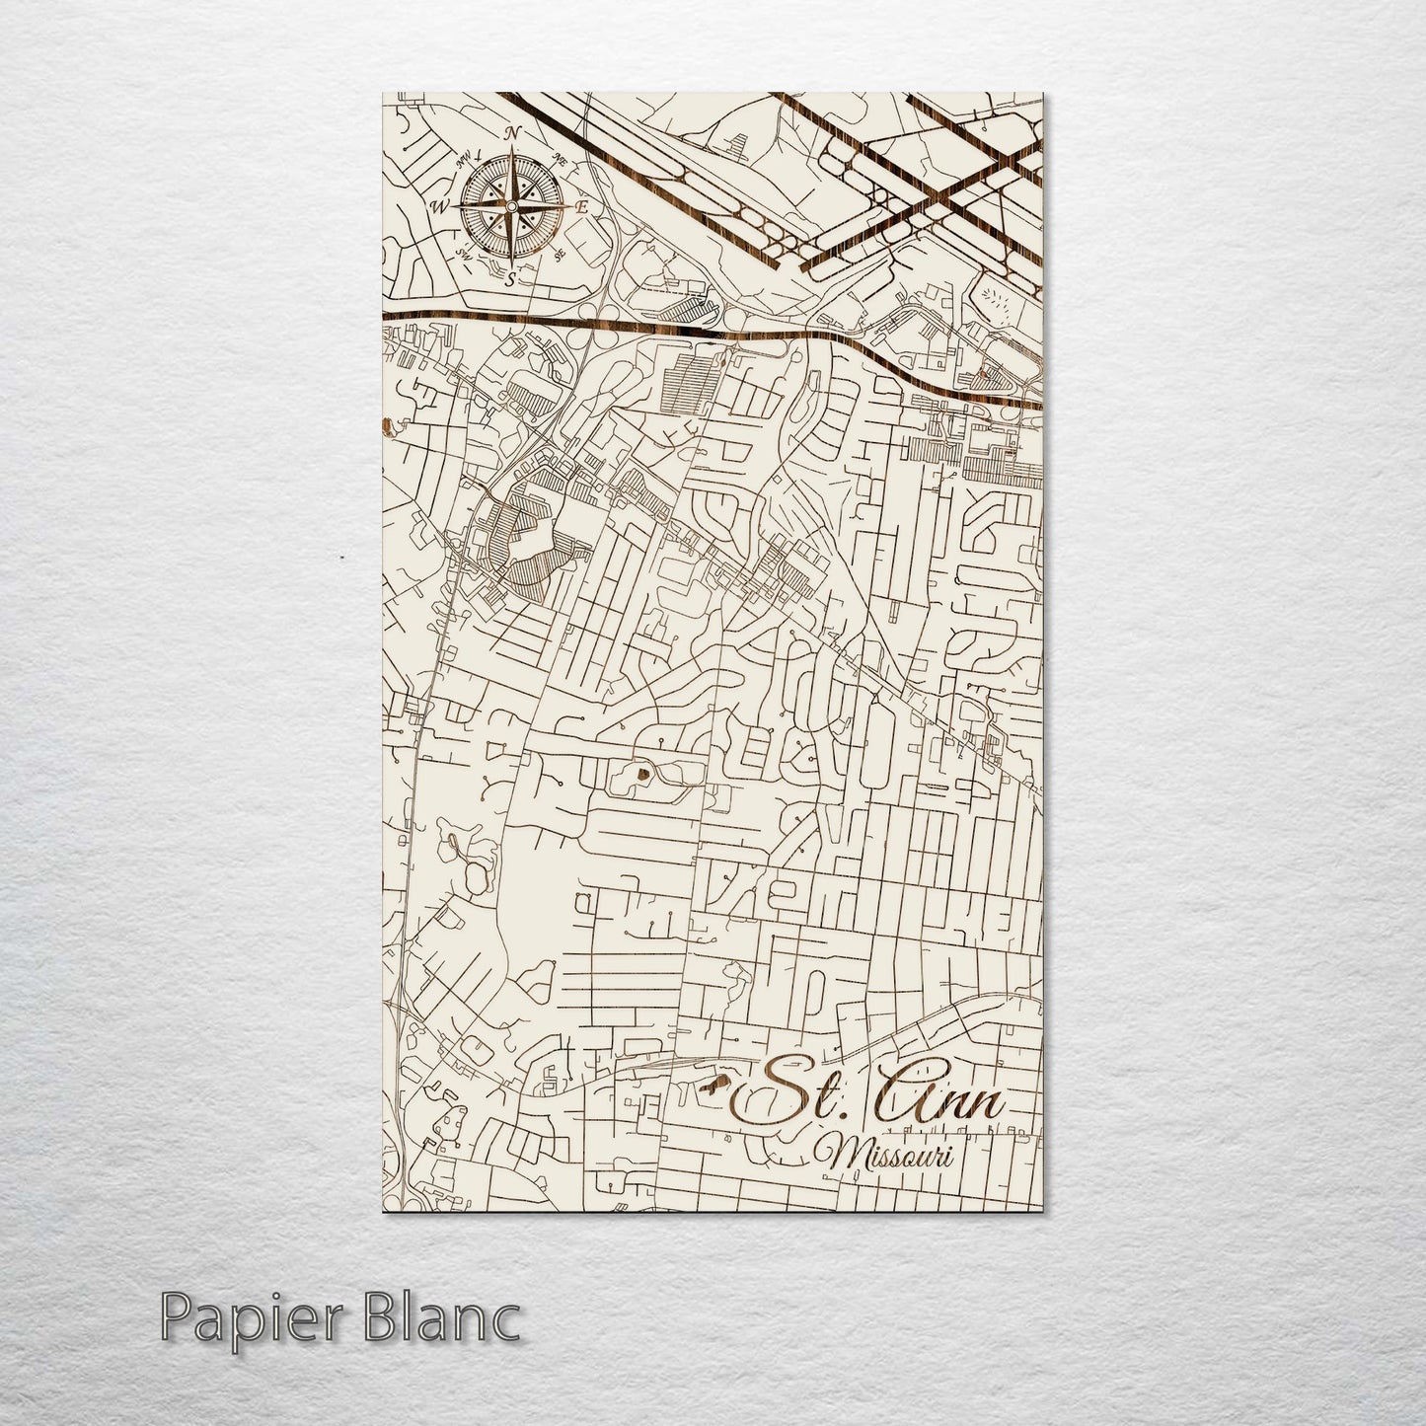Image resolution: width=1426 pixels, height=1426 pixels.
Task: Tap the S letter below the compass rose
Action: (x=511, y=280)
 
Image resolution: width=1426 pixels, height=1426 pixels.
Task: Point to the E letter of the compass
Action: (x=582, y=207)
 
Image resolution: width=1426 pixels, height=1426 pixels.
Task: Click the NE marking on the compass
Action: (x=562, y=157)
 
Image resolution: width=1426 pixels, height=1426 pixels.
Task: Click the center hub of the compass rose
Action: (x=511, y=205)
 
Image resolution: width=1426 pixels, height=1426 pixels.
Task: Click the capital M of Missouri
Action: (x=847, y=1155)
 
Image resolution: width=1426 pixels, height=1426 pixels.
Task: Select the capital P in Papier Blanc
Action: (x=175, y=1319)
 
